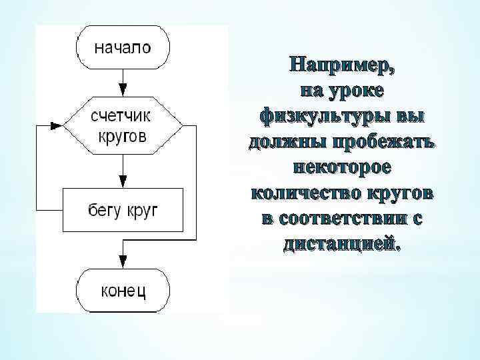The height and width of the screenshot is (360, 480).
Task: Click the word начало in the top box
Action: (x=123, y=48)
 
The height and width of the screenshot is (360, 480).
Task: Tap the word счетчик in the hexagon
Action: (x=121, y=116)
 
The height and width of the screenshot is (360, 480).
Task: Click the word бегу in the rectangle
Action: (x=103, y=211)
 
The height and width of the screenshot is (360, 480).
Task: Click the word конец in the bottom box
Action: (x=123, y=290)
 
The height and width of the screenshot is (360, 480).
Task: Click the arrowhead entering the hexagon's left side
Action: (x=57, y=125)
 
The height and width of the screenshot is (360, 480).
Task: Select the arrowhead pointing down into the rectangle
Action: (x=123, y=181)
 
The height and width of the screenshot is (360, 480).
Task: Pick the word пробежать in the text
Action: (x=381, y=141)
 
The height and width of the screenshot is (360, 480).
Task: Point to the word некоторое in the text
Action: (x=341, y=167)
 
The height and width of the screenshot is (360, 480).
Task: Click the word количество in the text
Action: (x=307, y=193)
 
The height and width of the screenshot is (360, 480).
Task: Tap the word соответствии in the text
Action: (x=345, y=218)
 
